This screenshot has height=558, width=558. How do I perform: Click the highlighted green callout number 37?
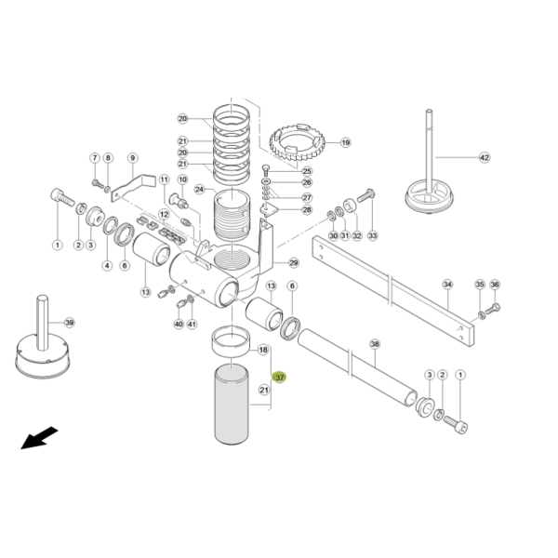pos(279,378)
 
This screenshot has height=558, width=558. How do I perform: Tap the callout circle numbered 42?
pos(485,157)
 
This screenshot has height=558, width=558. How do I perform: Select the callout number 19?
pos(346,142)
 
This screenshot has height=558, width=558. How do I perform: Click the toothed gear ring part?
pos(297,142)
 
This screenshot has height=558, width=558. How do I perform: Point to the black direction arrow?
pos(39,438)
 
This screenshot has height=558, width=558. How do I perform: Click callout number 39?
pos(70,323)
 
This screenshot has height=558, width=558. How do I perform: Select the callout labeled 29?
pos(294,263)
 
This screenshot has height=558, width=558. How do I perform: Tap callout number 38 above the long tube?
pos(375,344)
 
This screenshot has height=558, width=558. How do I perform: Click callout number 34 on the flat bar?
pos(447,285)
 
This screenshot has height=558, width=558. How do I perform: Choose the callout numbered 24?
pos(199,190)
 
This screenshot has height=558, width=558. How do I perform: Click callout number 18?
pos(263,350)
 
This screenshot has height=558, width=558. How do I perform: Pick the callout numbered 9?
pos(132,158)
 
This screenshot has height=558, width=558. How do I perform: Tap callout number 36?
pos(495,285)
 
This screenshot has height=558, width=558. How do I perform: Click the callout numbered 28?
pos(307,209)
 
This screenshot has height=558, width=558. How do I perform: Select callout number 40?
pos(179,325)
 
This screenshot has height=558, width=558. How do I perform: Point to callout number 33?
pos(373,235)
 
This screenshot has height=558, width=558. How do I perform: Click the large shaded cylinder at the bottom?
pos(232,405)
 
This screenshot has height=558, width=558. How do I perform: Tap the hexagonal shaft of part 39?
pos(43,323)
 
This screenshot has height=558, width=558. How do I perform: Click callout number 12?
pos(164,215)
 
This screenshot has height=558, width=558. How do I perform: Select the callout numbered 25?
pos(307,171)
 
